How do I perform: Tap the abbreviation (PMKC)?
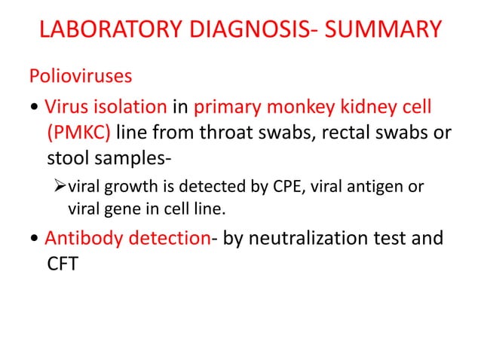pyautogui.click(x=78, y=134)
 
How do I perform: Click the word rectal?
pyautogui.click(x=347, y=134)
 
